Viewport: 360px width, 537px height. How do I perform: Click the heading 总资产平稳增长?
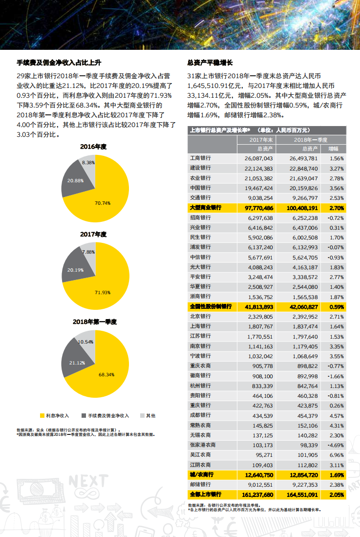[x=210, y=63]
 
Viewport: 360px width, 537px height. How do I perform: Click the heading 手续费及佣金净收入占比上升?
[x=59, y=63]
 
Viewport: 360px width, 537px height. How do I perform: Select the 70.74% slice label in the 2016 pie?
[x=103, y=203]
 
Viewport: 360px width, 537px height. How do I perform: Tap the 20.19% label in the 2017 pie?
[x=75, y=270]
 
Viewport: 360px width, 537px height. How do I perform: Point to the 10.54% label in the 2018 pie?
[x=85, y=342]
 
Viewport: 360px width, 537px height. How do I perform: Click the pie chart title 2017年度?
[x=93, y=235]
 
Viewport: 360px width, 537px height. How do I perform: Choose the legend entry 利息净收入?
[x=57, y=415]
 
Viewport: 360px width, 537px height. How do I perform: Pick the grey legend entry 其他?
[x=150, y=415]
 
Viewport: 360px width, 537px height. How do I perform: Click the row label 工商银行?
[x=200, y=158]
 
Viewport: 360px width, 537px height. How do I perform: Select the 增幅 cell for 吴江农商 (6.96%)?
[x=337, y=454]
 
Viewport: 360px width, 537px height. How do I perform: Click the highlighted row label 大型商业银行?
[x=205, y=208]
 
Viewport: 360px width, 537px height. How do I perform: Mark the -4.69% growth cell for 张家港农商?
[x=336, y=445]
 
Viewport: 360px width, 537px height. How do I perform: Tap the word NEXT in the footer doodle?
[x=88, y=481]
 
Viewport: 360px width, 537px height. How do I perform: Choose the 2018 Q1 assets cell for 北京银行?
[x=303, y=317]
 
